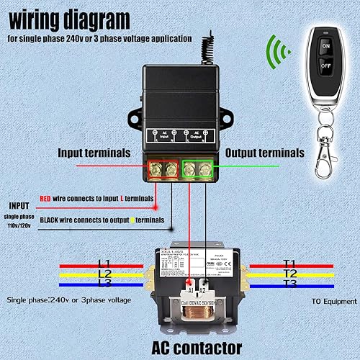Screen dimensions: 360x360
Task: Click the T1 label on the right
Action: [x=289, y=263]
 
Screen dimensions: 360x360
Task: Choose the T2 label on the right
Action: [x=289, y=274]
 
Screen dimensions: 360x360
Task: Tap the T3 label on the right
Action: [x=289, y=284]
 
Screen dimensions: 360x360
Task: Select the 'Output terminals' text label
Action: [x=265, y=153]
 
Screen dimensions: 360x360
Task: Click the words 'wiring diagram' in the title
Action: [x=70, y=17]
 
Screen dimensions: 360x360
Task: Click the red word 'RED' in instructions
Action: [x=45, y=197]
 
